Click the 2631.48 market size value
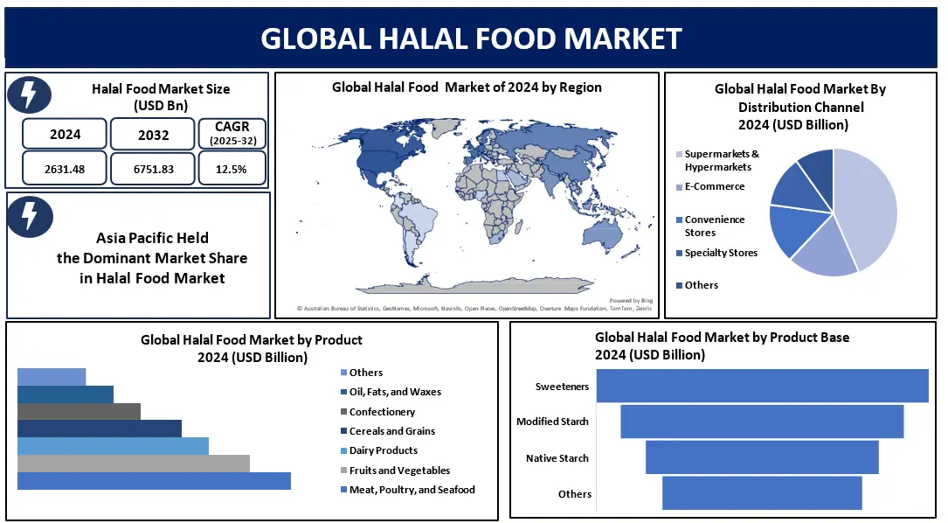tap(65, 169)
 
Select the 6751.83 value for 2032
tap(154, 169)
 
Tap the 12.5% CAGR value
tap(231, 169)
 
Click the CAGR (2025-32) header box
tap(232, 133)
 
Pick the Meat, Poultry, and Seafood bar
tap(154, 481)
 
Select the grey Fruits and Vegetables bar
tap(134, 464)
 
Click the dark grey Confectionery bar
tap(80, 412)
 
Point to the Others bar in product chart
tap(52, 377)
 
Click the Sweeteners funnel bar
tap(763, 386)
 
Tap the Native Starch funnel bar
tap(762, 457)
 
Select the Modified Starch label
tap(552, 422)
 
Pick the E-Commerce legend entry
tap(710, 186)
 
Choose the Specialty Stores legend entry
tap(716, 253)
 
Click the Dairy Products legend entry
tap(379, 450)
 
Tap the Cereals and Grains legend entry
tap(388, 431)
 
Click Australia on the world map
tap(605, 232)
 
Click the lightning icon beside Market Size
tap(30, 95)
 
